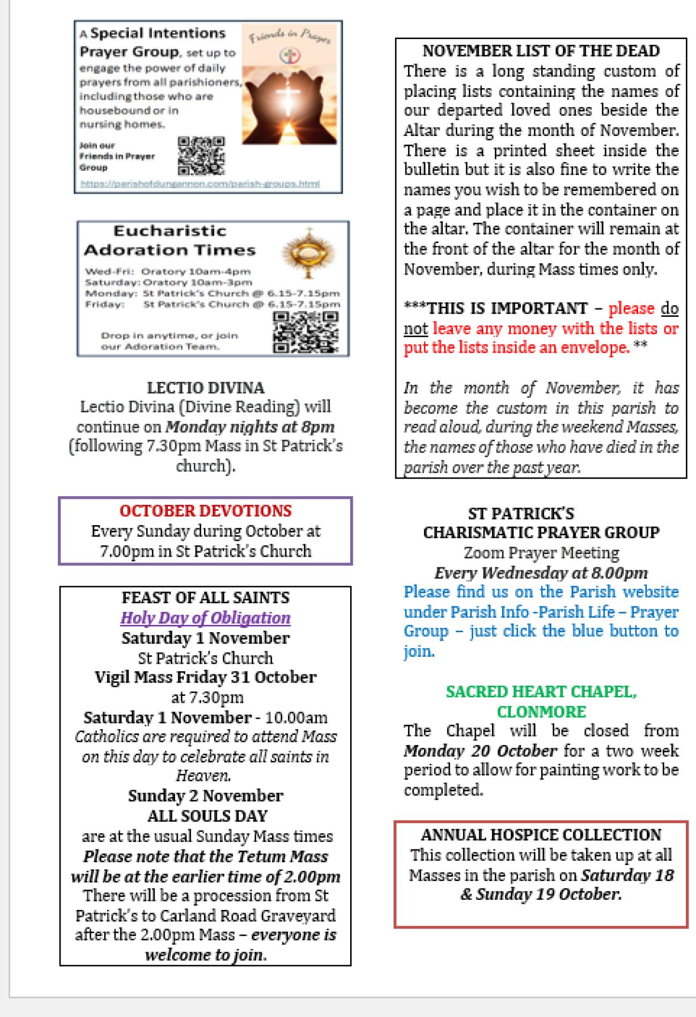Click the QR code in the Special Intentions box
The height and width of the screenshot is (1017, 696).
tap(201, 156)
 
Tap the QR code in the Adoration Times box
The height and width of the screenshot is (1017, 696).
tap(306, 333)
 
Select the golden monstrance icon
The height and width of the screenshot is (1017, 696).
tap(308, 253)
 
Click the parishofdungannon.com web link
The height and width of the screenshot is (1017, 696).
tap(200, 184)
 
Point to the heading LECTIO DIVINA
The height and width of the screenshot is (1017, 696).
tap(206, 388)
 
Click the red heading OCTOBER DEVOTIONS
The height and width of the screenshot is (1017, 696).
tap(206, 511)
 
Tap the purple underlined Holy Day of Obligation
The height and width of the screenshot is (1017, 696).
tap(206, 618)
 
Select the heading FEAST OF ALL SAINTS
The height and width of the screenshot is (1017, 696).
tap(206, 597)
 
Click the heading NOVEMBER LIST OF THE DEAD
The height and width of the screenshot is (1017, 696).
tap(541, 51)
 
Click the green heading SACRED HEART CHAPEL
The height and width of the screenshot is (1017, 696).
tap(541, 692)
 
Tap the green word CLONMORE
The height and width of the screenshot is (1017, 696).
tap(541, 711)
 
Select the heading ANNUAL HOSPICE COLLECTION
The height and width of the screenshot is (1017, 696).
tap(541, 834)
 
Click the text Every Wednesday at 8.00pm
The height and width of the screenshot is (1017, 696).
tap(541, 573)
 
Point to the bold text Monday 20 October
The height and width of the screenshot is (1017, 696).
tap(480, 750)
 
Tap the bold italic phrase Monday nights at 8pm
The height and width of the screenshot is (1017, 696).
tap(250, 427)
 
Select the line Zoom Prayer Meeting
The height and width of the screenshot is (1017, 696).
tap(541, 552)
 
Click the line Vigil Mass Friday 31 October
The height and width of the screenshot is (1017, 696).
tap(206, 677)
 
